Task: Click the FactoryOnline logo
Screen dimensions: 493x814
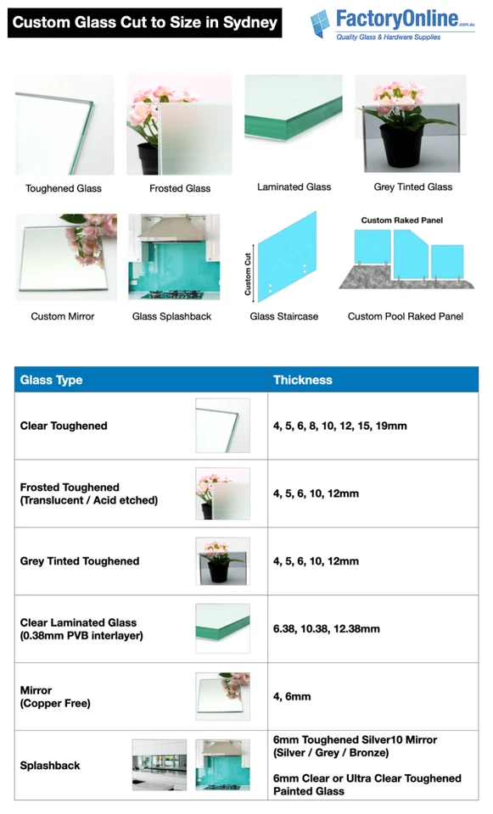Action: click(x=393, y=25)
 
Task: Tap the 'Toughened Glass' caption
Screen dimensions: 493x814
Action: click(x=64, y=188)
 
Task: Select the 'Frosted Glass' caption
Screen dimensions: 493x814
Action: click(x=180, y=188)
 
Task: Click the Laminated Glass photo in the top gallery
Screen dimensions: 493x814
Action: click(x=294, y=108)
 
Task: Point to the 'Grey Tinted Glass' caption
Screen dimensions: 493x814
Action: click(x=413, y=187)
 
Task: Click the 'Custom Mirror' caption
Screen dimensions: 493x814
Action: click(x=63, y=316)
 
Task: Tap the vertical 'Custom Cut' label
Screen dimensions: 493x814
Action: click(x=249, y=274)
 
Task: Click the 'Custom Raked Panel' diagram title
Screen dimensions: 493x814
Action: click(x=401, y=220)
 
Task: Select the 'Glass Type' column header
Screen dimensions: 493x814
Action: click(x=52, y=380)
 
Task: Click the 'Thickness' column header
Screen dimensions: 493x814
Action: click(x=302, y=380)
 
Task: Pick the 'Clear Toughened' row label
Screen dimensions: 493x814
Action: click(x=64, y=426)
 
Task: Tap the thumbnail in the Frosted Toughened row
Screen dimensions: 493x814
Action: click(x=222, y=493)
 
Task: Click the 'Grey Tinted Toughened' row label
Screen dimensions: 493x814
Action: click(x=80, y=561)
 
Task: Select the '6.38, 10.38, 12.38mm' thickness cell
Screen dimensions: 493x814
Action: click(x=327, y=629)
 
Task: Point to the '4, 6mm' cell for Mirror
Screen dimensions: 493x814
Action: click(x=292, y=697)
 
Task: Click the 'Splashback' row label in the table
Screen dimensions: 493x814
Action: click(x=50, y=766)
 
